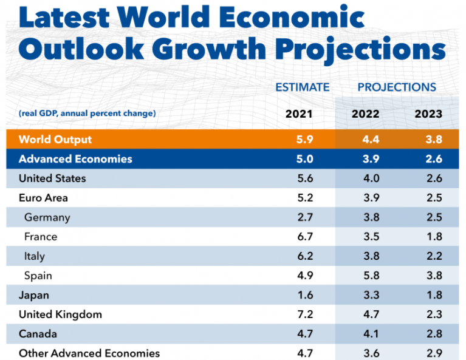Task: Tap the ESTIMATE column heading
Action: [302, 87]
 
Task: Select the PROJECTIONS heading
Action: [396, 87]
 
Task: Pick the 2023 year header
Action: [428, 114]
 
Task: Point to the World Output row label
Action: [55, 140]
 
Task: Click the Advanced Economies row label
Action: [75, 159]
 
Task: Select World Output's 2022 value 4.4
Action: [371, 140]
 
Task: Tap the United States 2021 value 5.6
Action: [306, 178]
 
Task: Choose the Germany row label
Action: [47, 217]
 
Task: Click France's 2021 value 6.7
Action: [306, 237]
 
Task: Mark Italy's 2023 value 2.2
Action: [434, 256]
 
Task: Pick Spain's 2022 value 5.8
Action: [371, 276]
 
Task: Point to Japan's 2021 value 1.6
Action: [306, 295]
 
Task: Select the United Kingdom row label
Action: [60, 314]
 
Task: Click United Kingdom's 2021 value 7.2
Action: [306, 314]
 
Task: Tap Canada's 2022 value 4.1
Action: [371, 334]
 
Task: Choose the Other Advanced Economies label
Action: [89, 353]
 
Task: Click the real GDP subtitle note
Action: [87, 114]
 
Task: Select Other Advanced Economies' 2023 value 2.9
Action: [434, 353]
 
